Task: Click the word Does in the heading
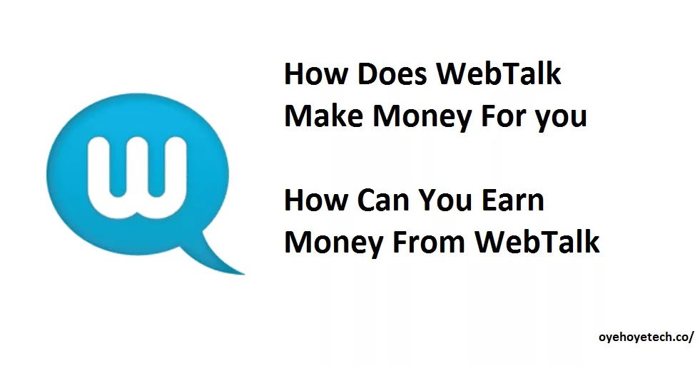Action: pos(392,73)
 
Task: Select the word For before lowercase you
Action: pos(503,116)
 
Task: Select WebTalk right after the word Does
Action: pos(498,73)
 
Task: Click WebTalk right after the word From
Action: pos(537,241)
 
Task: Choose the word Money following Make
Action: pos(422,118)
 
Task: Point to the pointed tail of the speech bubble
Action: pos(243,273)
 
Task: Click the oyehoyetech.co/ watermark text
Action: pos(646,337)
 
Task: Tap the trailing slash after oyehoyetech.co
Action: pos(691,337)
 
